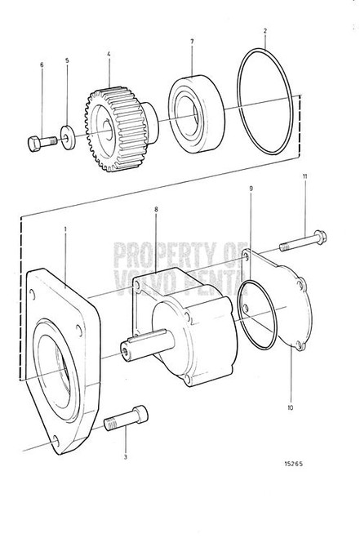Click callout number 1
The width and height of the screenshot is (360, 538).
(65, 230)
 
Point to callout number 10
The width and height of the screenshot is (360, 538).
(291, 406)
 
